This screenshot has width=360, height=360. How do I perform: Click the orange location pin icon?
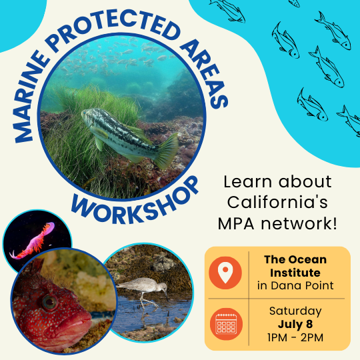point(225,273)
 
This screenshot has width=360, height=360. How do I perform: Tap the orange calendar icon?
point(226,324)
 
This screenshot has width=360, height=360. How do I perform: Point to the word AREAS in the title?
point(204,73)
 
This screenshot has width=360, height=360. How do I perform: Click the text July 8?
point(295,325)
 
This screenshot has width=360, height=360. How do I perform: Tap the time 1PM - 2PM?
point(295,337)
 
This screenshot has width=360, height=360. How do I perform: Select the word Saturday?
point(295,311)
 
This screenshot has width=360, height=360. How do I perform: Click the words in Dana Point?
point(295,285)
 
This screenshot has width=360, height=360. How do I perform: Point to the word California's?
point(277,202)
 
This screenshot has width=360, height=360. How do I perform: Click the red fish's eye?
point(49,303)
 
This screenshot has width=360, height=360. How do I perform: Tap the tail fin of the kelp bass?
point(166,151)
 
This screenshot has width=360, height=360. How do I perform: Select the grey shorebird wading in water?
point(143,291)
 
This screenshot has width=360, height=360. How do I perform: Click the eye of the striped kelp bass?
point(85,113)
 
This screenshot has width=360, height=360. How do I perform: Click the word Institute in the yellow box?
point(295,273)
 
